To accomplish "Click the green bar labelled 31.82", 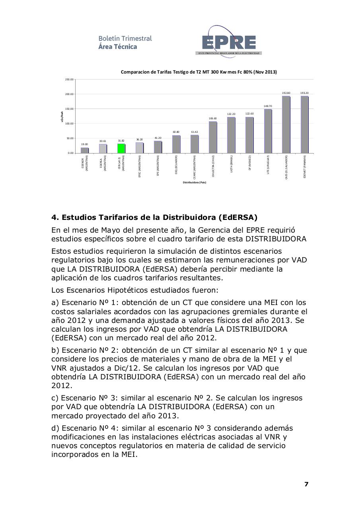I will (x=121, y=148).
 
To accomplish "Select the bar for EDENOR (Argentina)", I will (x=84, y=150).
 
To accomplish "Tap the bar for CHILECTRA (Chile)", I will (x=213, y=137).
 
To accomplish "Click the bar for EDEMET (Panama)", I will (x=305, y=124).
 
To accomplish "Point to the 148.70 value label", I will (x=268, y=106).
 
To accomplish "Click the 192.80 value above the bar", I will (x=286, y=93).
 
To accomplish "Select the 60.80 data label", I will (x=176, y=132).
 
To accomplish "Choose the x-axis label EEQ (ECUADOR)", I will (x=176, y=164).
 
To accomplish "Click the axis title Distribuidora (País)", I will (x=194, y=183).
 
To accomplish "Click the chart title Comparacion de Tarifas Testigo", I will (x=199, y=72).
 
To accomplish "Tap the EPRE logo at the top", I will (x=228, y=42).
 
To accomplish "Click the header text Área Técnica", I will (x=118, y=47).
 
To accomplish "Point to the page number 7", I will (x=306, y=484).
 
